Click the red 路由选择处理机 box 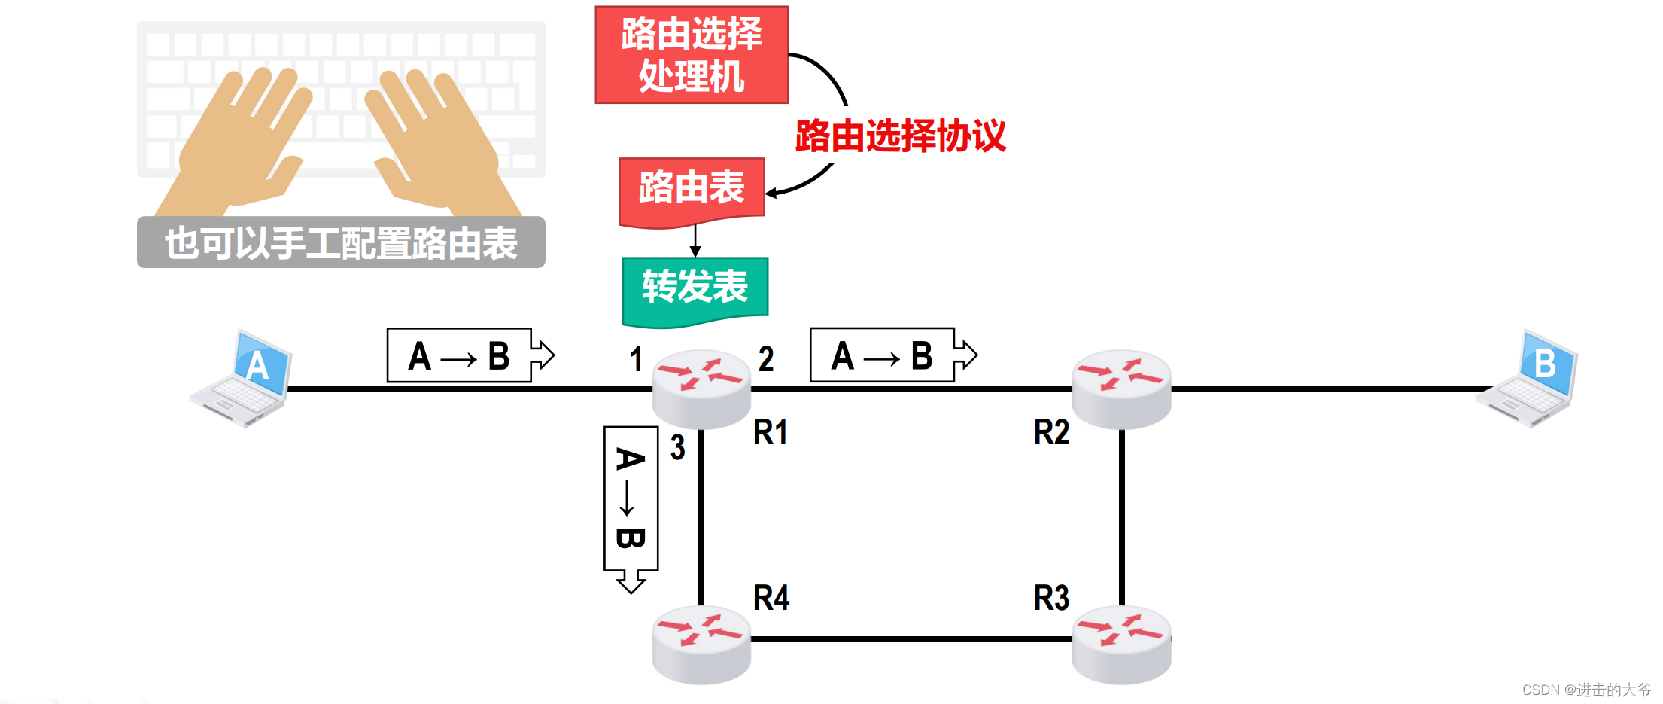click(x=691, y=55)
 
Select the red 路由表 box click(x=692, y=189)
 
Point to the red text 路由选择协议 click(x=900, y=136)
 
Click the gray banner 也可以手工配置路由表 click(x=341, y=242)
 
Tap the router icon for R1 click(x=701, y=388)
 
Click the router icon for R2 click(x=1121, y=388)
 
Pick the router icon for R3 click(x=1121, y=644)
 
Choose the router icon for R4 click(x=701, y=644)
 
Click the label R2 click(x=1051, y=433)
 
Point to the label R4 click(x=771, y=599)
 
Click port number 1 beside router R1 click(x=636, y=359)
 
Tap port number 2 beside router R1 click(x=766, y=359)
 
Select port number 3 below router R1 click(x=677, y=447)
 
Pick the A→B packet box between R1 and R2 click(x=883, y=355)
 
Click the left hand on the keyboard click(x=241, y=143)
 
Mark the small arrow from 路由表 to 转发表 click(x=695, y=241)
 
